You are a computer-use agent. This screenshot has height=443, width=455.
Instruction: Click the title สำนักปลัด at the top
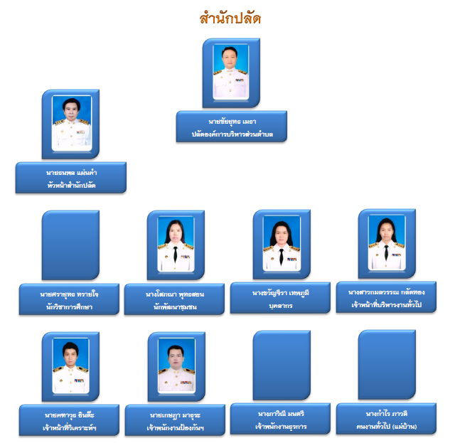(x=230, y=18)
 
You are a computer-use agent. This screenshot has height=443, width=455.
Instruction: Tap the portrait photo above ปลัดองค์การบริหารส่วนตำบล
(x=231, y=73)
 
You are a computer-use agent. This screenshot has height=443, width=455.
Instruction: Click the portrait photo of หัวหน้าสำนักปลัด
(x=70, y=124)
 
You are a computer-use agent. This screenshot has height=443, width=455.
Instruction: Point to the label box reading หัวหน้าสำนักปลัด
(x=70, y=178)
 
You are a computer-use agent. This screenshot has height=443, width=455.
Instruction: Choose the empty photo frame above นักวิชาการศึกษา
(x=70, y=244)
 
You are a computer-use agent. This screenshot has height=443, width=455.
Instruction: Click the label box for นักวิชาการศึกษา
(x=70, y=299)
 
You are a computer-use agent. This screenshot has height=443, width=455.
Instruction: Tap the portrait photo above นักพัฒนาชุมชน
(x=176, y=245)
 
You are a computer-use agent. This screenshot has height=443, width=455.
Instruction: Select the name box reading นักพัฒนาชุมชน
(x=176, y=299)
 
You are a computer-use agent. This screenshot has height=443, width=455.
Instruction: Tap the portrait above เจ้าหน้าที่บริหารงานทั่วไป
(x=387, y=243)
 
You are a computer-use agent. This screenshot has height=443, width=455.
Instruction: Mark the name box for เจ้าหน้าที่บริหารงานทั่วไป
(x=387, y=297)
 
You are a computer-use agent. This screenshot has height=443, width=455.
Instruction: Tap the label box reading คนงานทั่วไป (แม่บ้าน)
(x=387, y=419)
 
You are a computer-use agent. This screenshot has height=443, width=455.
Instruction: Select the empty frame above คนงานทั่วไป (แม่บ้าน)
(x=387, y=364)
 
